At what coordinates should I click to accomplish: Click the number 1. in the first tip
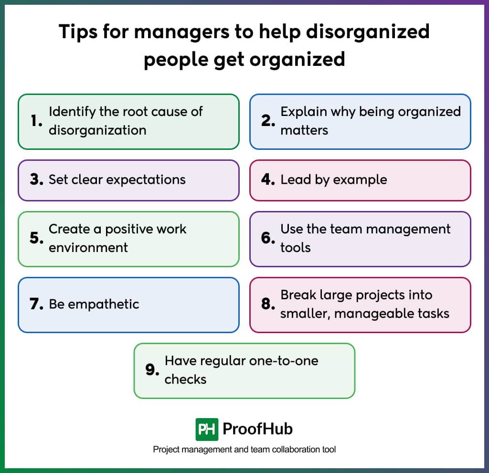(36, 121)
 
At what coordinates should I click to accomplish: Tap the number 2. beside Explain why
(268, 121)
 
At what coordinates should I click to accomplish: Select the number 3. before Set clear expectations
(37, 180)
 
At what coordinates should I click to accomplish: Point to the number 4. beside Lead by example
(268, 180)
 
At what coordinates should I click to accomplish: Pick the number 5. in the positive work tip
(37, 238)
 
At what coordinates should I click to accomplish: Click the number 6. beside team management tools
(268, 238)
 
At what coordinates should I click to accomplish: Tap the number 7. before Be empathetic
(37, 305)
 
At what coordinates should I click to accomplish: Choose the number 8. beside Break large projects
(268, 305)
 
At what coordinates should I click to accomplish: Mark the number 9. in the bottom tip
(152, 370)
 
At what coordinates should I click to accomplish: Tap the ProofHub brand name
(258, 429)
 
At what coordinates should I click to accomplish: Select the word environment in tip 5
(88, 247)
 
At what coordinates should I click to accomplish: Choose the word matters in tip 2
(304, 130)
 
